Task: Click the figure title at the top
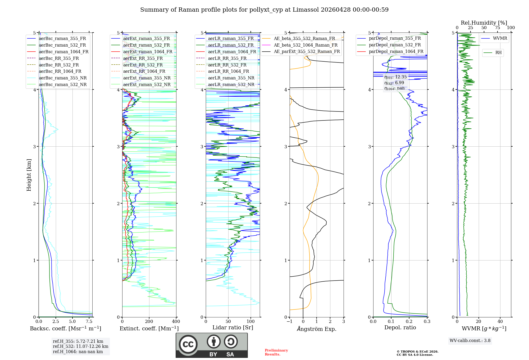click(264, 10)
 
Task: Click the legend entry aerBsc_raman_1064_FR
click(63, 52)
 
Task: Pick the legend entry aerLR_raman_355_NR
click(231, 78)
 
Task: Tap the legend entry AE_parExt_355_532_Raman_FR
click(307, 51)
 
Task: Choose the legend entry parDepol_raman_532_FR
click(395, 45)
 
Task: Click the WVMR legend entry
click(500, 38)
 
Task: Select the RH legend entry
click(498, 53)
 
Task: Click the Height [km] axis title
click(29, 175)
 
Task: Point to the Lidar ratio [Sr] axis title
click(233, 327)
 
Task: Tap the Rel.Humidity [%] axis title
click(484, 23)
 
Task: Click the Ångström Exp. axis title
click(317, 329)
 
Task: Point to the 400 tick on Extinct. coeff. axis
click(176, 322)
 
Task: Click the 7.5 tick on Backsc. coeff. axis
click(89, 322)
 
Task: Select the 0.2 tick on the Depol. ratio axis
click(409, 322)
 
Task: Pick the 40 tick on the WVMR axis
click(500, 322)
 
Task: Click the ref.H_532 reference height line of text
click(80, 346)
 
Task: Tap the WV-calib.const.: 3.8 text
click(470, 341)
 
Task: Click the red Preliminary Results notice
click(276, 352)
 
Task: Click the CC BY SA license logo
click(212, 345)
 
